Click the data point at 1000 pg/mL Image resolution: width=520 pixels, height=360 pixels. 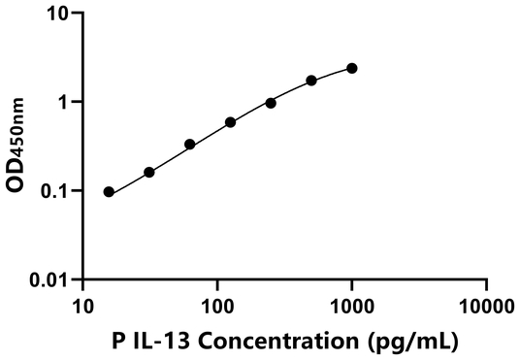pyautogui.click(x=351, y=68)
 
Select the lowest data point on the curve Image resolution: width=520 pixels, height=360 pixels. pyautogui.click(x=109, y=192)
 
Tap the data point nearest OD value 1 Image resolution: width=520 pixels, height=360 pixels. pyautogui.click(x=271, y=103)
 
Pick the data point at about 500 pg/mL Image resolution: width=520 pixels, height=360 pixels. pyautogui.click(x=311, y=81)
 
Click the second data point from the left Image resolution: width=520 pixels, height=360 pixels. pyautogui.click(x=149, y=172)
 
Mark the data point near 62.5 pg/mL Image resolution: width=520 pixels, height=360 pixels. pyautogui.click(x=190, y=145)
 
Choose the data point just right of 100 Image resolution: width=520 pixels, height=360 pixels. pyautogui.click(x=230, y=122)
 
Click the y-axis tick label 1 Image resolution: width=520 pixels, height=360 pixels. pyautogui.click(x=64, y=103)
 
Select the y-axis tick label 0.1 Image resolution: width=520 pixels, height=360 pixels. pyautogui.click(x=56, y=191)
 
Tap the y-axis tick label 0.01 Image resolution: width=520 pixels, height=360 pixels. pyautogui.click(x=51, y=280)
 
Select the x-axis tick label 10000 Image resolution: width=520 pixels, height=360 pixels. pyautogui.click(x=485, y=307)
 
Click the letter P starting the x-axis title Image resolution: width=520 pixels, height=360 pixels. pyautogui.click(x=145, y=342)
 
